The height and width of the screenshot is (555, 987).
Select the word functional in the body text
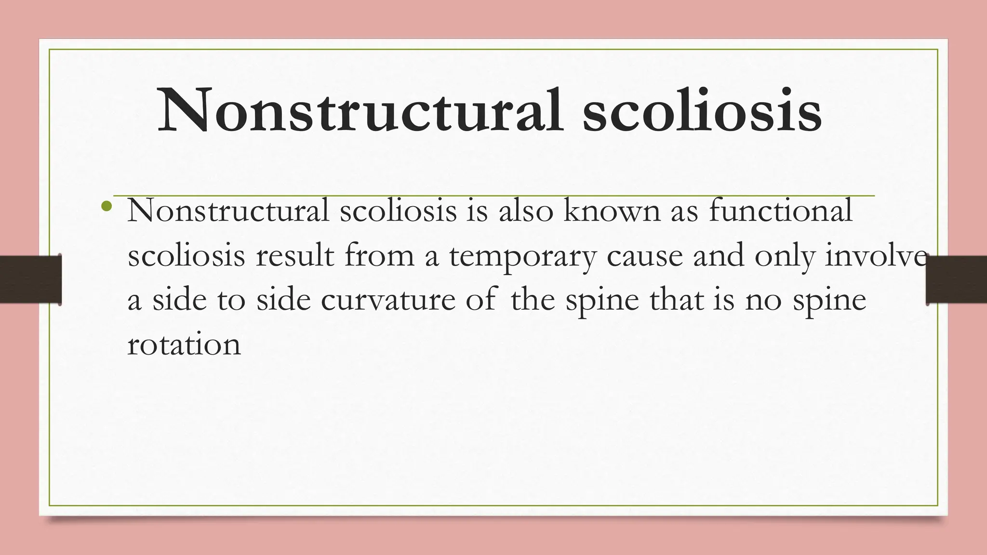point(781,211)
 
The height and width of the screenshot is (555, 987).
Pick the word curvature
point(388,300)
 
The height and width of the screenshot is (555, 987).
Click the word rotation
point(184,344)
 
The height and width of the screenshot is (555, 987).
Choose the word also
point(526,211)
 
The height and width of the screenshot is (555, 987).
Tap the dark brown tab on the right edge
point(957,280)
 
